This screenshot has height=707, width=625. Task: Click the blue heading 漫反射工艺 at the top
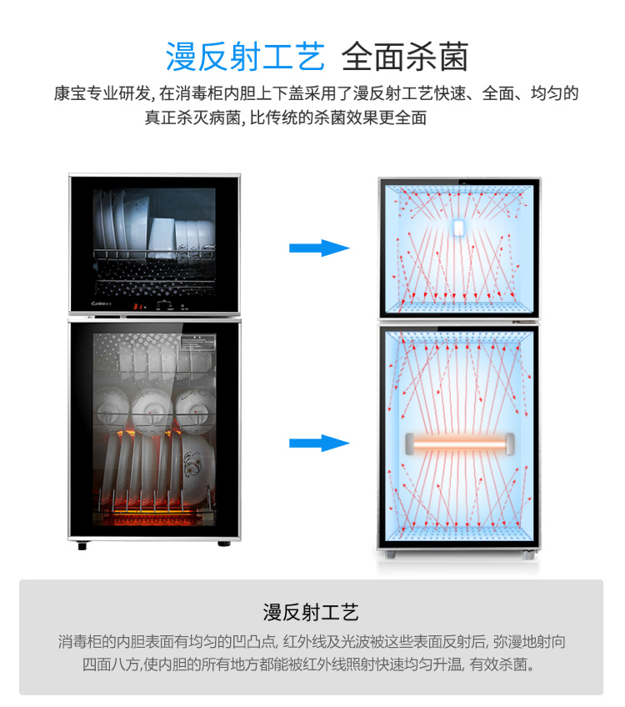[x=245, y=57]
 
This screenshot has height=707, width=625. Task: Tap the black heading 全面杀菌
[x=405, y=57]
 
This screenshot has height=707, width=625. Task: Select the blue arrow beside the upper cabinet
[x=319, y=248]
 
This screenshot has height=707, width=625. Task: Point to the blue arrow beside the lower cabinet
[x=319, y=443]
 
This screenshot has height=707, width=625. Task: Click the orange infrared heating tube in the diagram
[x=460, y=444]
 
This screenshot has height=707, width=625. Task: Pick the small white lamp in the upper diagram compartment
[x=458, y=228]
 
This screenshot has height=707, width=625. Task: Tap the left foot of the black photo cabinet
[x=82, y=546]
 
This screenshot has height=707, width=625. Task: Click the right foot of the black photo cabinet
[x=224, y=544]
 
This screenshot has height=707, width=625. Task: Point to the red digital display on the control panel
[x=137, y=307]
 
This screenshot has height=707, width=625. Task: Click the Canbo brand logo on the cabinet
[x=102, y=303]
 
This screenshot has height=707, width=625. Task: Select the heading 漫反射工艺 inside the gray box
[x=311, y=612]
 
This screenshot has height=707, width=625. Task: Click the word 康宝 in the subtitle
[x=70, y=93]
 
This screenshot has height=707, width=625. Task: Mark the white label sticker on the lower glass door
[x=198, y=343]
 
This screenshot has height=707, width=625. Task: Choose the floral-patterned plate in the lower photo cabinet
[x=197, y=469]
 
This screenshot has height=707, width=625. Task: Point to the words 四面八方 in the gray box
[x=111, y=664]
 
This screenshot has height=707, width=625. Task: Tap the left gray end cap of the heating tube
[x=410, y=444]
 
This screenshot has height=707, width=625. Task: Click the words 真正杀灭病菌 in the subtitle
[x=192, y=118]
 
